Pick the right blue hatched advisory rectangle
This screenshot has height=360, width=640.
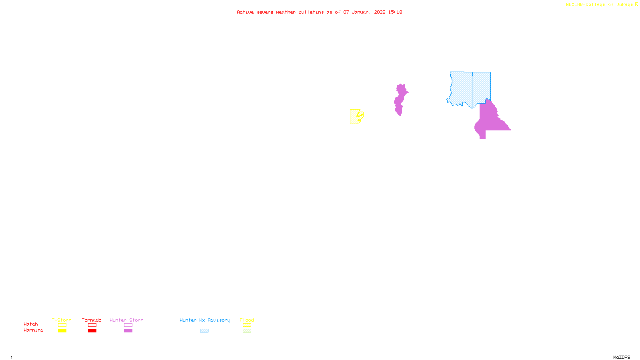click(481, 86)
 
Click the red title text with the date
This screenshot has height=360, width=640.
click(319, 12)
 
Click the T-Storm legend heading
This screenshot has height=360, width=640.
click(62, 320)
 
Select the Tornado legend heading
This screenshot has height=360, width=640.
click(92, 320)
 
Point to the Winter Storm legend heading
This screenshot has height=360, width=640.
click(126, 320)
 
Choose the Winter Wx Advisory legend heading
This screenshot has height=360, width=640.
click(205, 320)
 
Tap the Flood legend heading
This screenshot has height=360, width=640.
click(247, 320)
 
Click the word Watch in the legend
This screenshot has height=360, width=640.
click(31, 324)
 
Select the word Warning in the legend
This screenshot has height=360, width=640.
click(33, 330)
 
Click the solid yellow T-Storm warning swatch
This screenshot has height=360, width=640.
click(62, 330)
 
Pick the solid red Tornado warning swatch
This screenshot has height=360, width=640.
click(92, 330)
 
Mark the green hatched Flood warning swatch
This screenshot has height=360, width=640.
click(247, 330)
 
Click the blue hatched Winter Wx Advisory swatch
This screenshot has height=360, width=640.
click(204, 330)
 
